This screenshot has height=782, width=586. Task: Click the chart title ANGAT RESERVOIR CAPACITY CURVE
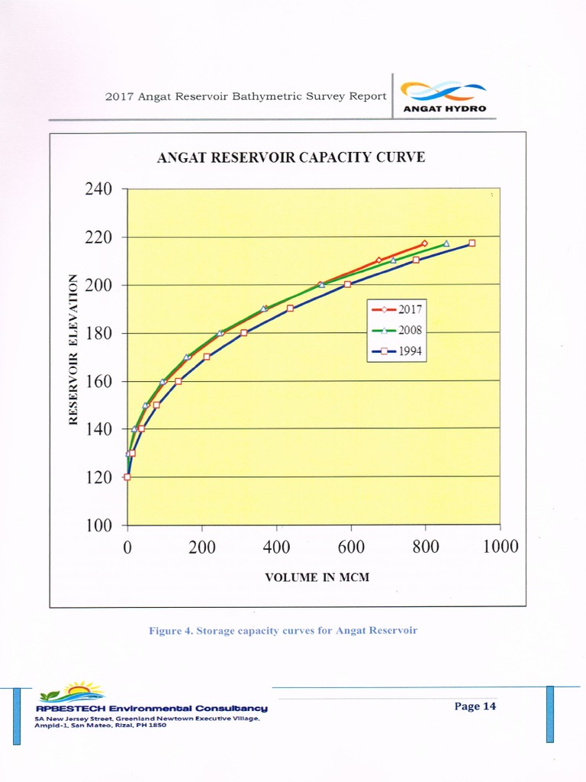click(x=291, y=158)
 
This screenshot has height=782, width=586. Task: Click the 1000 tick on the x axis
click(x=500, y=546)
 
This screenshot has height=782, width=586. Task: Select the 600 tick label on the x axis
click(x=350, y=546)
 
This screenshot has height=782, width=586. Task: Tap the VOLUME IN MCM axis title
click(x=317, y=577)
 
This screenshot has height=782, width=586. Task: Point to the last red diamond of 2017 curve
click(x=424, y=244)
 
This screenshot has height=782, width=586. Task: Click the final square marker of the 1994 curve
click(x=472, y=243)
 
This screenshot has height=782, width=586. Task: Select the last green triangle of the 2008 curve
click(x=446, y=244)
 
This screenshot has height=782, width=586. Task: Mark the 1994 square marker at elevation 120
click(x=127, y=477)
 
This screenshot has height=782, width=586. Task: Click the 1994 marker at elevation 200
click(x=347, y=284)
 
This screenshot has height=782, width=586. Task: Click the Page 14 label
click(x=475, y=706)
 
